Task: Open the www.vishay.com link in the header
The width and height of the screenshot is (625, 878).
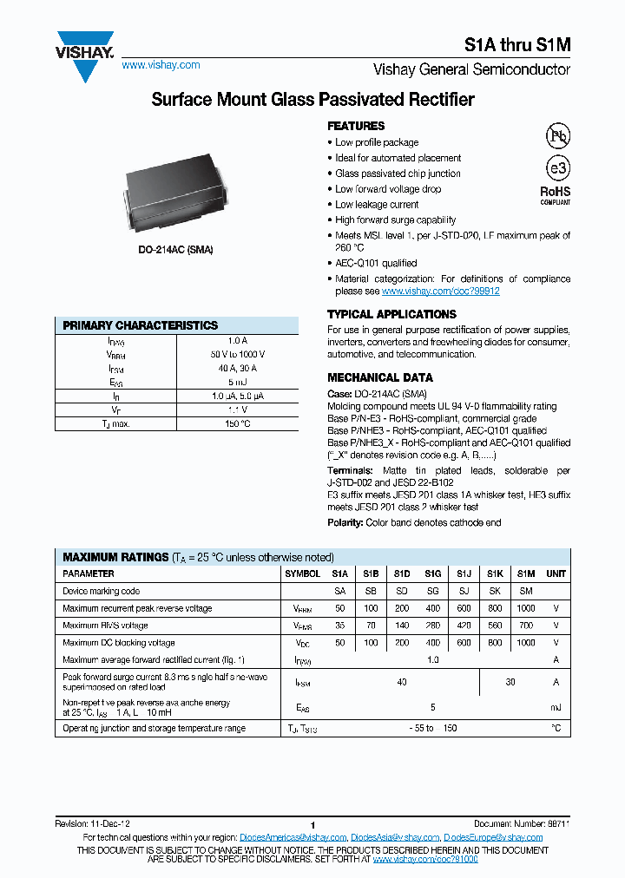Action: click(161, 65)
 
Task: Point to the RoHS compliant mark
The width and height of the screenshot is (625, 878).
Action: click(556, 194)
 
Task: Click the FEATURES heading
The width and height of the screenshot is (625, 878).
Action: click(356, 126)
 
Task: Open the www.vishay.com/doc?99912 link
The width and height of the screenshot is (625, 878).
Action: click(440, 292)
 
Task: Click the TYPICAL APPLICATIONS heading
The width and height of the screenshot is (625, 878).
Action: click(391, 314)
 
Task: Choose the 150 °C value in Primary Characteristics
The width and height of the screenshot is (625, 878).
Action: click(237, 423)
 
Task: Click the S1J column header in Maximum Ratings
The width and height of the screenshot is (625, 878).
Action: click(464, 573)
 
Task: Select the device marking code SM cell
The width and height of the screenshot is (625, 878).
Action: click(525, 591)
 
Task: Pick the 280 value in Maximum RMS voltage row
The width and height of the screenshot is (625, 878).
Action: click(432, 626)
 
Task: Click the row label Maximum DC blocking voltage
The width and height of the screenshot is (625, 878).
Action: click(119, 643)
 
